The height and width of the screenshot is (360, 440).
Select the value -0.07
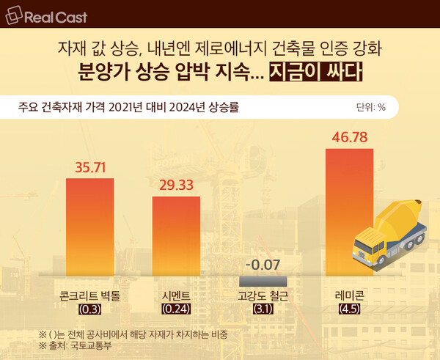click(263, 265)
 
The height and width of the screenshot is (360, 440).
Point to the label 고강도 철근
click(263, 297)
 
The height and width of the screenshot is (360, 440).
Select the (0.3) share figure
click(89, 309)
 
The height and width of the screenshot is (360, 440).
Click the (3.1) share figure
click(263, 309)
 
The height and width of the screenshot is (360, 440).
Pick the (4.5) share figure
click(352, 309)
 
